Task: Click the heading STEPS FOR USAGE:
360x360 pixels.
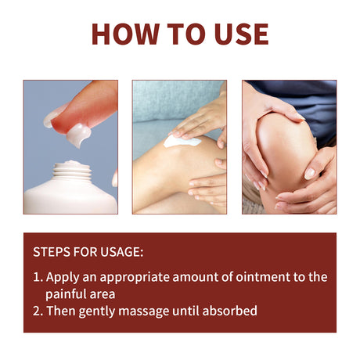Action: coord(88,253)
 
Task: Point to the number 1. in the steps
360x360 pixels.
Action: coord(38,277)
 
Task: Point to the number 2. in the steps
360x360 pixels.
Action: coord(38,311)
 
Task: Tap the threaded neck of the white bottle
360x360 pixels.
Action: coord(71,169)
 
